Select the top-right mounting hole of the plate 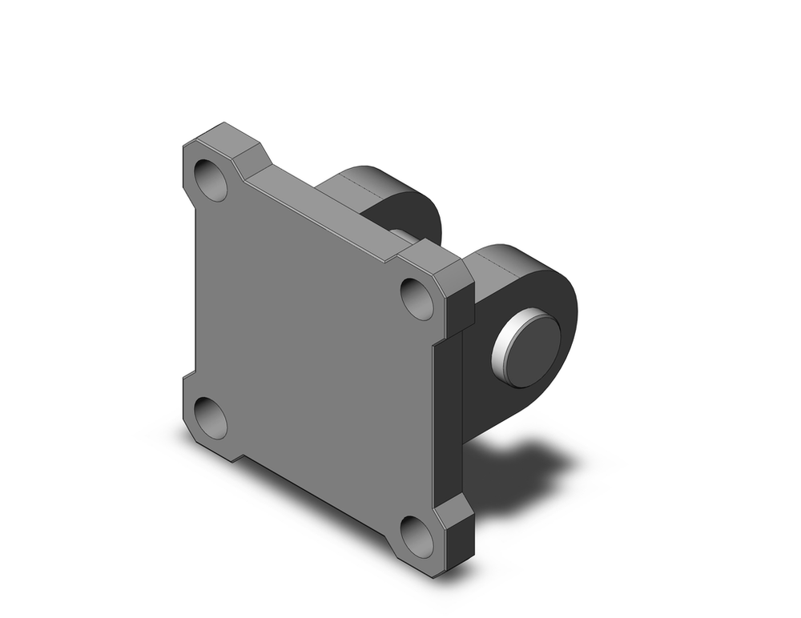pos(417,298)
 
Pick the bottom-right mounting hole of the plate pos(417,536)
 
